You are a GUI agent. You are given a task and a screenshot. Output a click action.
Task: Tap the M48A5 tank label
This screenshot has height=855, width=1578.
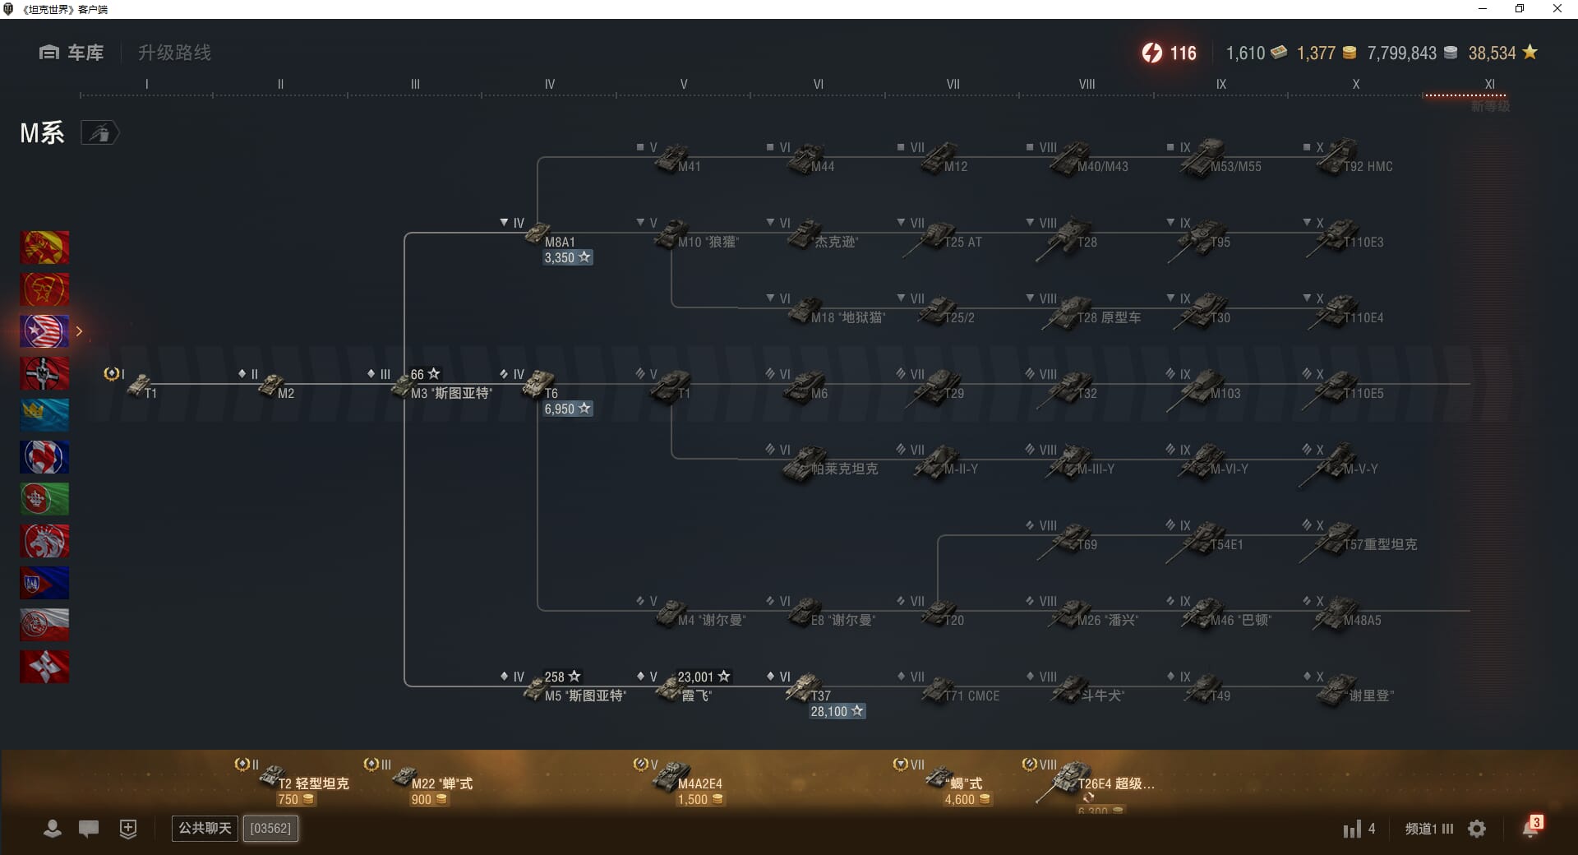click(1362, 621)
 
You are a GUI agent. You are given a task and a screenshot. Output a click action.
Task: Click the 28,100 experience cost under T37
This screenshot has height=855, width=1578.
click(837, 712)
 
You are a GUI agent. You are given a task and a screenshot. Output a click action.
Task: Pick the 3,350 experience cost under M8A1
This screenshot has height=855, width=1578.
click(567, 258)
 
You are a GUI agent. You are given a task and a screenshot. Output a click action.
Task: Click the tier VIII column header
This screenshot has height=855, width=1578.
click(1087, 84)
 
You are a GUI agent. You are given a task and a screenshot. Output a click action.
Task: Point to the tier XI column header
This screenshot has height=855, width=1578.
click(1489, 84)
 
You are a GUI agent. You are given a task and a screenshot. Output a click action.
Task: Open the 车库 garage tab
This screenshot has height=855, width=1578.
click(72, 53)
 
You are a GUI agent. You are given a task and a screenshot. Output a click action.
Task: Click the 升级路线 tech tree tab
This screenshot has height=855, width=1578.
click(174, 53)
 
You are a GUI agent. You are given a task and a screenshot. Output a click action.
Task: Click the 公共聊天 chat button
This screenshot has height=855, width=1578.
click(205, 828)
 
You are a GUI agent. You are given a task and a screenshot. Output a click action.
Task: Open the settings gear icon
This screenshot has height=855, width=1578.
click(1477, 829)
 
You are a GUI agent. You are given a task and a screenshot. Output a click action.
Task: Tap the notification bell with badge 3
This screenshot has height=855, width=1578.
click(1530, 828)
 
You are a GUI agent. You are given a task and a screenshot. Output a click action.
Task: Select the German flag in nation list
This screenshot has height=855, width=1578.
click(44, 373)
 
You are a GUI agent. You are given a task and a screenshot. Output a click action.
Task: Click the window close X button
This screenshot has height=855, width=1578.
click(1557, 9)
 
